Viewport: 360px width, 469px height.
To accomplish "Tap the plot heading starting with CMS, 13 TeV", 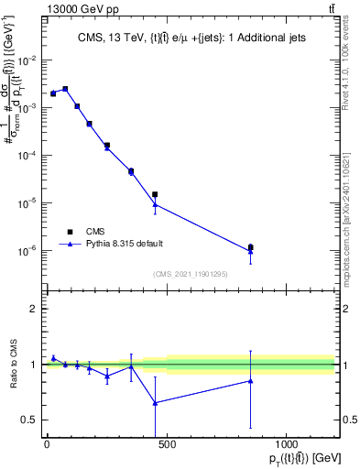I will [x=190, y=38].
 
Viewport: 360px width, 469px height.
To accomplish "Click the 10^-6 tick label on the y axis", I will [x=29, y=250].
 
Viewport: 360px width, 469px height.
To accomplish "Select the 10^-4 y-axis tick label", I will [x=29, y=155].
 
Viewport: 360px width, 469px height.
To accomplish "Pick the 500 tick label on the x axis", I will [x=166, y=445].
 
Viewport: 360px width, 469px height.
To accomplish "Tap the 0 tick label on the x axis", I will [x=47, y=445].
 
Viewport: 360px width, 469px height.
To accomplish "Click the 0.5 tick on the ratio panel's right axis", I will [x=349, y=420].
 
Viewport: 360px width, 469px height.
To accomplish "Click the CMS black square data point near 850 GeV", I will [x=250, y=247].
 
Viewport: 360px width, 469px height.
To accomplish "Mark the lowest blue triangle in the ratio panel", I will [x=155, y=402].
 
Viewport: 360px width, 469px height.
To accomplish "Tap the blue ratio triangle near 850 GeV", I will [x=250, y=381].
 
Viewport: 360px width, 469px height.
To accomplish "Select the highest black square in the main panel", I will [x=65, y=88].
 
